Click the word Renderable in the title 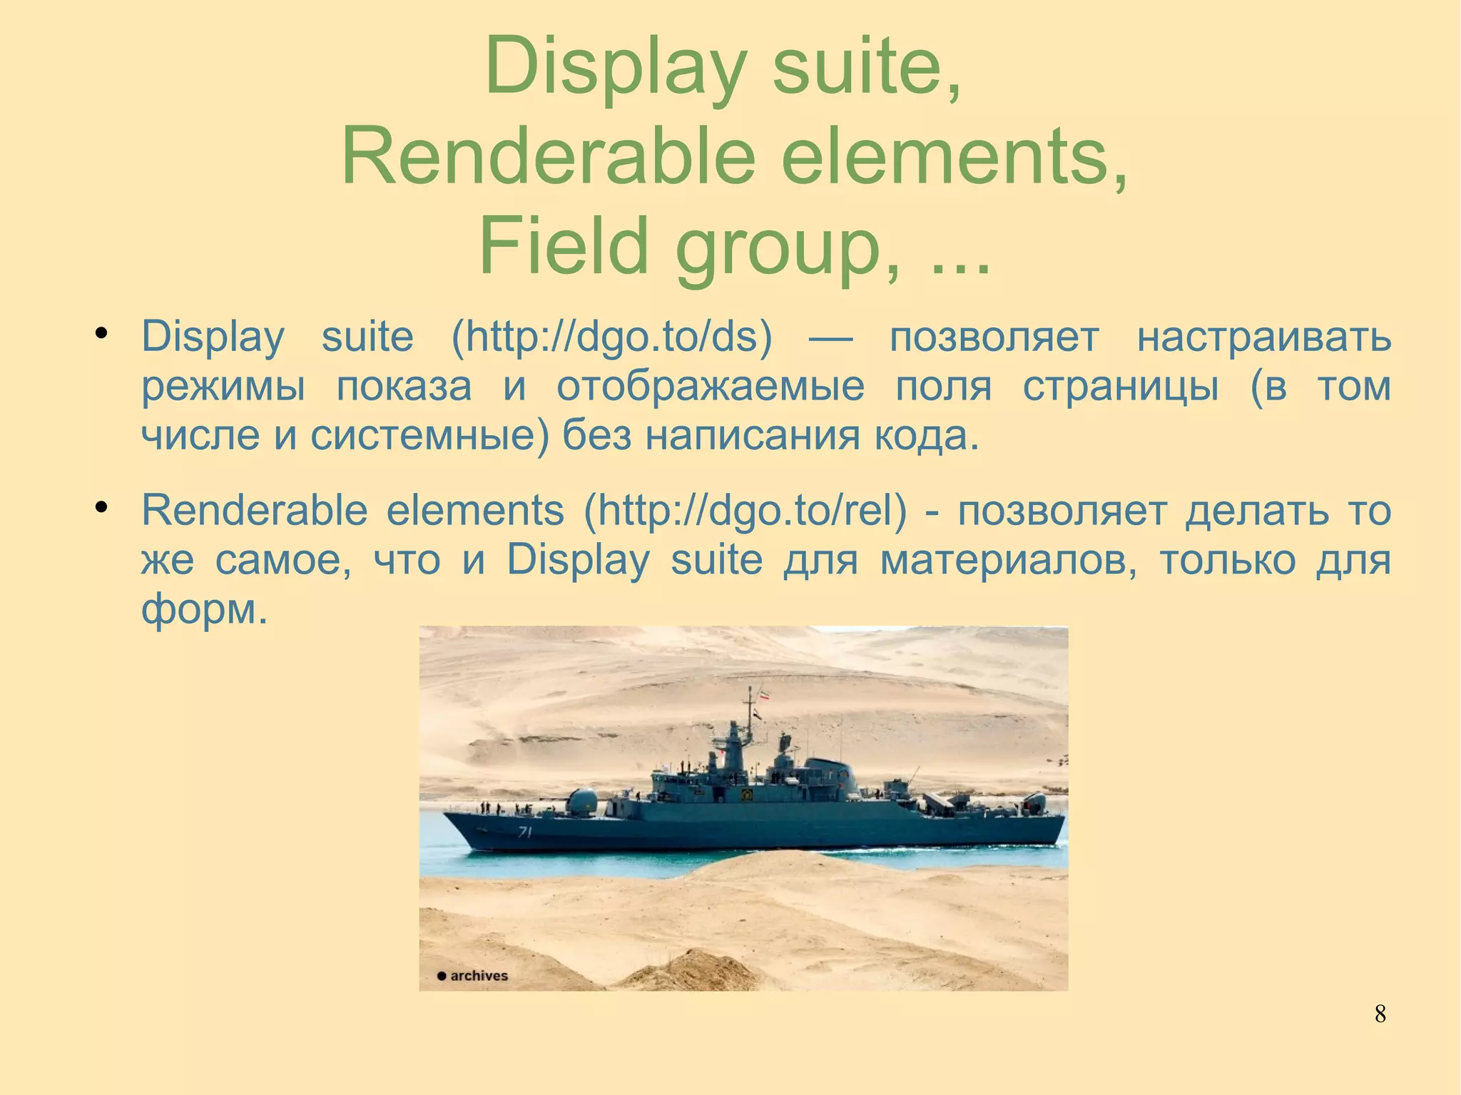point(548,156)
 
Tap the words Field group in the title point(678,246)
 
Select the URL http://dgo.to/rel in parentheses point(745,510)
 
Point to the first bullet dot point(101,333)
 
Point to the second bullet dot point(101,507)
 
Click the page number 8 point(1380,1014)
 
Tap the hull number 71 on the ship point(525,832)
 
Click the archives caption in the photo point(479,976)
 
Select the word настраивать point(1263,337)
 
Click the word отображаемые point(710,387)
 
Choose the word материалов point(1008,560)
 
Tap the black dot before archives point(442,977)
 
